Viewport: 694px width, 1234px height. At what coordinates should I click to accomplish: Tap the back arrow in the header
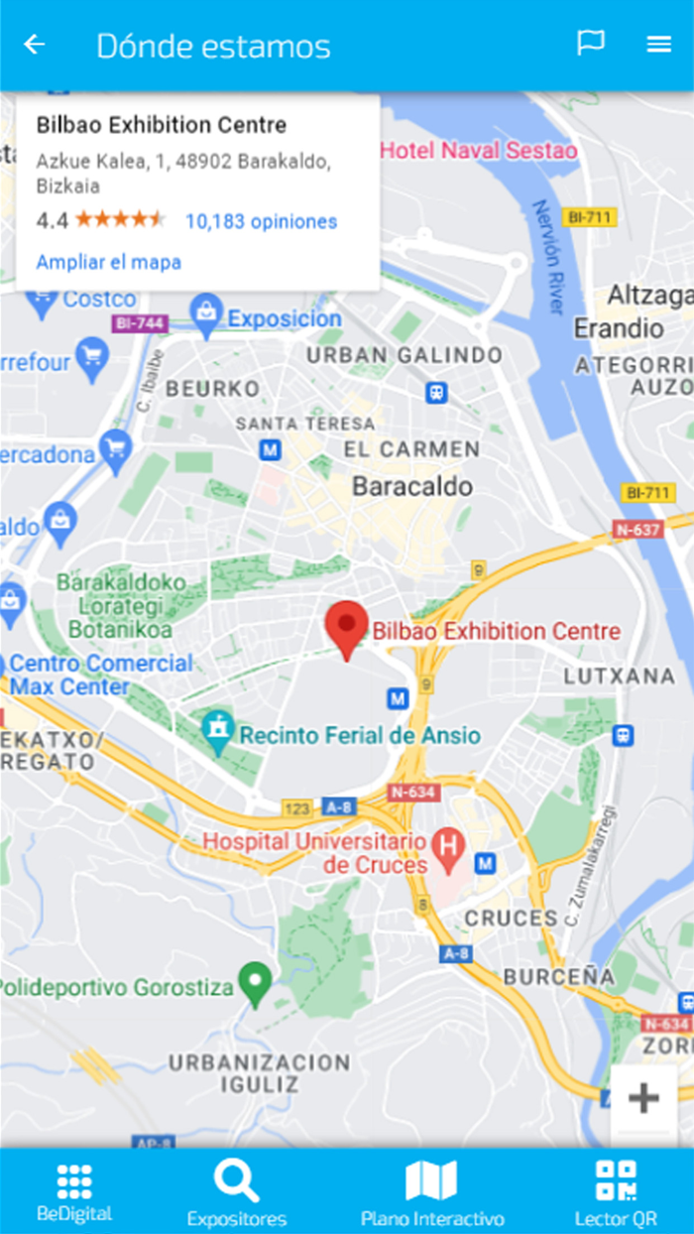[x=35, y=45]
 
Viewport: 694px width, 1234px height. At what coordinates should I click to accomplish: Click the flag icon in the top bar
[x=591, y=44]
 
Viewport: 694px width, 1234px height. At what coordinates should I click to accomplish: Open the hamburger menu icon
[x=659, y=45]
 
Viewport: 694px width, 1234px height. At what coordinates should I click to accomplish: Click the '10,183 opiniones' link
[x=261, y=221]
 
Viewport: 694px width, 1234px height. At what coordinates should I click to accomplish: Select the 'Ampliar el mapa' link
[x=108, y=262]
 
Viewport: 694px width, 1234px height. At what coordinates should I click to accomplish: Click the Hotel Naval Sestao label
[x=479, y=151]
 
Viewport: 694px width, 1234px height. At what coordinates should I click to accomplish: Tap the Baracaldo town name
[x=412, y=486]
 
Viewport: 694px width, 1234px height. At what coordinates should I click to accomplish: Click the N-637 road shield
[x=637, y=529]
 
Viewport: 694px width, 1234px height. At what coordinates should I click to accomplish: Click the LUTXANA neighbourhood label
[x=619, y=676]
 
